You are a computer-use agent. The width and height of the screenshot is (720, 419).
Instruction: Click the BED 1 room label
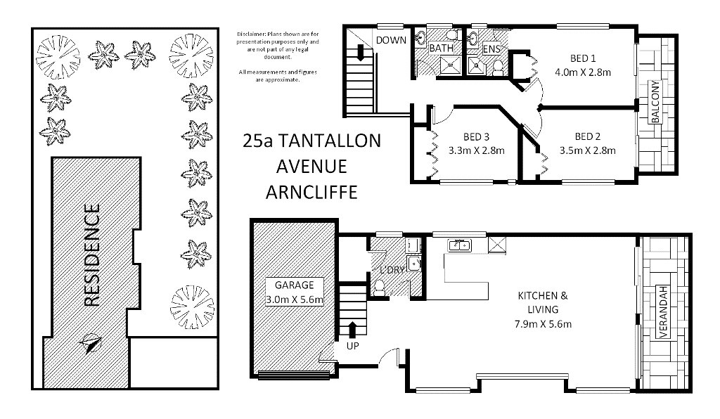583,58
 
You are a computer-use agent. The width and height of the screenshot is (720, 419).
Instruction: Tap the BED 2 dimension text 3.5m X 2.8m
587,150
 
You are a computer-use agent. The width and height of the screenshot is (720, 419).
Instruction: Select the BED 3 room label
476,137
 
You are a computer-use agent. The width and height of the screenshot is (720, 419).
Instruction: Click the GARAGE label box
295,292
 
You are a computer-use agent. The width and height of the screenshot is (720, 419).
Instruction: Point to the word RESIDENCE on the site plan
92,255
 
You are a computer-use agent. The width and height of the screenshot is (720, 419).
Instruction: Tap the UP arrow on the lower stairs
353,330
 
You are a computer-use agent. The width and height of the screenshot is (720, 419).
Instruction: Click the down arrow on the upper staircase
361,53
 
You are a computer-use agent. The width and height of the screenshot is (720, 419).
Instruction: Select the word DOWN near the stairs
391,40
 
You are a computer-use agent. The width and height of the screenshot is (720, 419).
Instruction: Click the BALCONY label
655,102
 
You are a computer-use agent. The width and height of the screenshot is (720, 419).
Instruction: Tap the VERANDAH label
663,312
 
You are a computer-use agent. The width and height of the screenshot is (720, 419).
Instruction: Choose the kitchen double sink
460,245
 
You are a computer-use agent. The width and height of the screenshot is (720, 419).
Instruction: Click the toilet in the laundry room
379,289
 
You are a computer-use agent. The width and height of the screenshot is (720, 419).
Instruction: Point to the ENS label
491,49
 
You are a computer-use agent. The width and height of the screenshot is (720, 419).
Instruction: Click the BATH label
442,48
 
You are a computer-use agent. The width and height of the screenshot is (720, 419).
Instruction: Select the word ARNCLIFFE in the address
311,193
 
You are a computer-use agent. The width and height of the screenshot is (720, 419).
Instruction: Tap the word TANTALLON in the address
329,141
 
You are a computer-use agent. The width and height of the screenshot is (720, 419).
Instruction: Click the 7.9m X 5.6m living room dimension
543,324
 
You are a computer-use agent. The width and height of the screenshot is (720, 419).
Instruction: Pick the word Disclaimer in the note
251,34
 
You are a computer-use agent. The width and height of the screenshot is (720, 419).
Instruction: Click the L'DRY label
392,270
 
